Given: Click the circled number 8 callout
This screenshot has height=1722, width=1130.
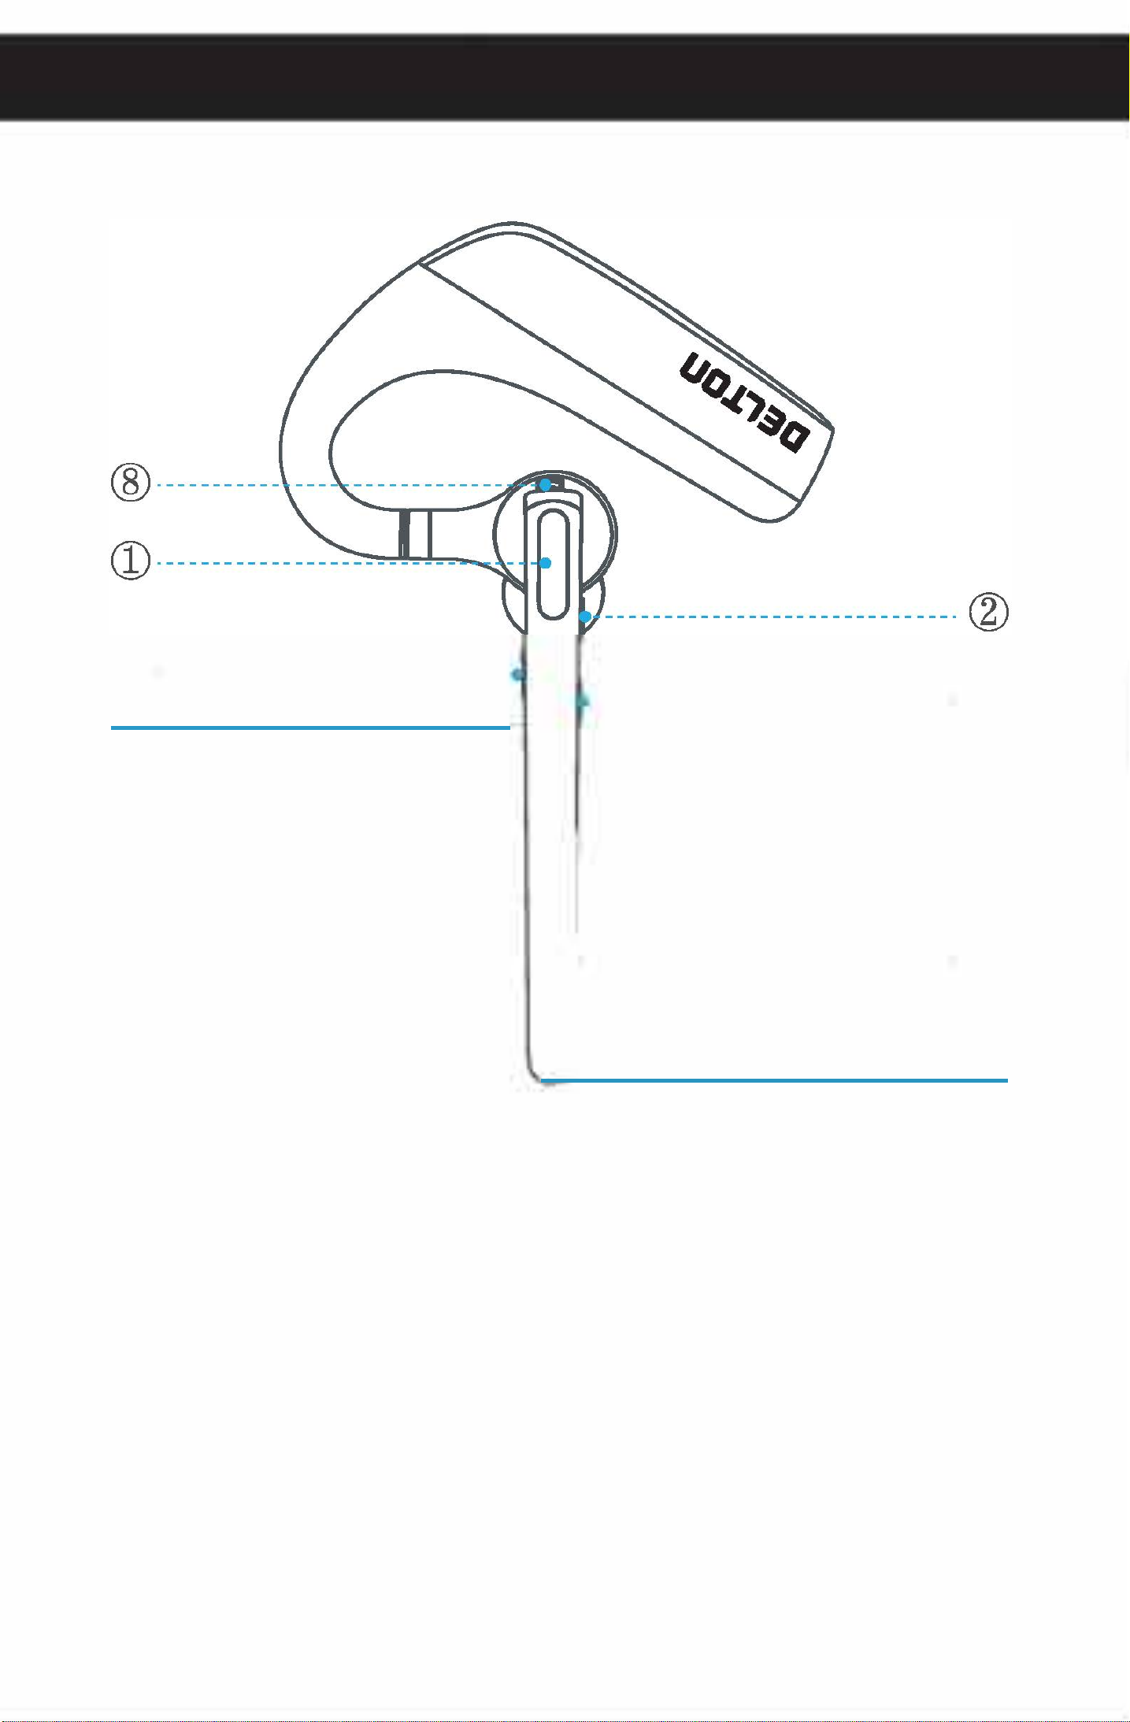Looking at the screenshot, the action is click(x=131, y=482).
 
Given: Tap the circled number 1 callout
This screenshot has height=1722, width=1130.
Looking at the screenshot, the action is click(x=131, y=561).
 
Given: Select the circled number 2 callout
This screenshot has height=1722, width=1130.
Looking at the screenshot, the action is click(x=988, y=612).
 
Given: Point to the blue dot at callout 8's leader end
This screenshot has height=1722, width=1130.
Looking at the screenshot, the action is click(x=545, y=485).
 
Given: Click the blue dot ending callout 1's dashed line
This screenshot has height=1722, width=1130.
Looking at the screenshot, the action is click(x=545, y=563).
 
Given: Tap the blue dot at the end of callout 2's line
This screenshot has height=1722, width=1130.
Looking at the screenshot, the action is click(x=584, y=617).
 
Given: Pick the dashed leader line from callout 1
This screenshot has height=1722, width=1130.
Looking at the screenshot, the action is click(x=348, y=563).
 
